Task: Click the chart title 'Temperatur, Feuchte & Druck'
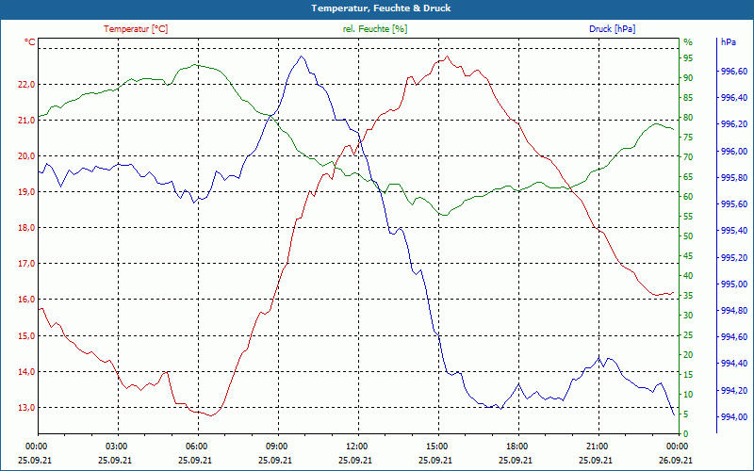pyautogui.click(x=376, y=8)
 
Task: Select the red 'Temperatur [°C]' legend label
pyautogui.click(x=136, y=29)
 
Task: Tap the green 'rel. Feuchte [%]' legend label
pyautogui.click(x=374, y=29)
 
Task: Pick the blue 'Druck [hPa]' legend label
pyautogui.click(x=612, y=29)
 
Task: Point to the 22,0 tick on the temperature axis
pyautogui.click(x=25, y=84)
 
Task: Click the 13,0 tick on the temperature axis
pyautogui.click(x=25, y=407)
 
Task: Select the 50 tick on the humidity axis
pyautogui.click(x=688, y=235)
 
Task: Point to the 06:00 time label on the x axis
pyautogui.click(x=197, y=446)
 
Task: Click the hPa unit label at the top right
pyautogui.click(x=729, y=42)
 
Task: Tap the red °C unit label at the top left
pyautogui.click(x=30, y=42)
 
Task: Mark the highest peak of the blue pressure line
pyautogui.click(x=302, y=57)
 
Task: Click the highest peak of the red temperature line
pyautogui.click(x=447, y=57)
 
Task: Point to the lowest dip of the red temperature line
pyautogui.click(x=212, y=415)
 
